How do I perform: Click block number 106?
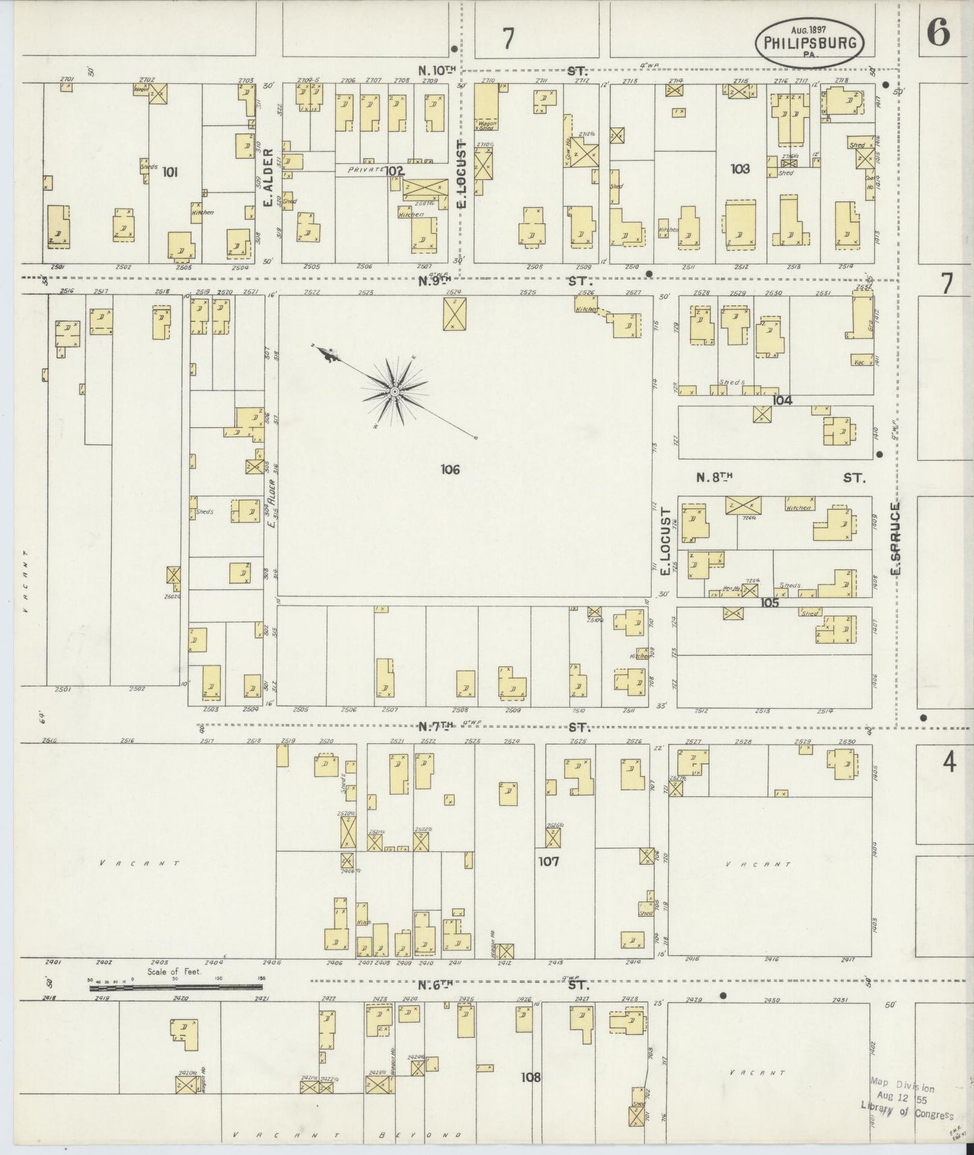pyautogui.click(x=450, y=469)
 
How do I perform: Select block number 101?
pyautogui.click(x=170, y=173)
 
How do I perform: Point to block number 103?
pyautogui.click(x=740, y=168)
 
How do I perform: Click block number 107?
pyautogui.click(x=549, y=861)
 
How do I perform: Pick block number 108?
pyautogui.click(x=531, y=1077)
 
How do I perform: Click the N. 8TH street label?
pyautogui.click(x=714, y=477)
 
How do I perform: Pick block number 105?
pyautogui.click(x=769, y=602)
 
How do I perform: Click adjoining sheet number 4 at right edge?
pyautogui.click(x=948, y=763)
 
